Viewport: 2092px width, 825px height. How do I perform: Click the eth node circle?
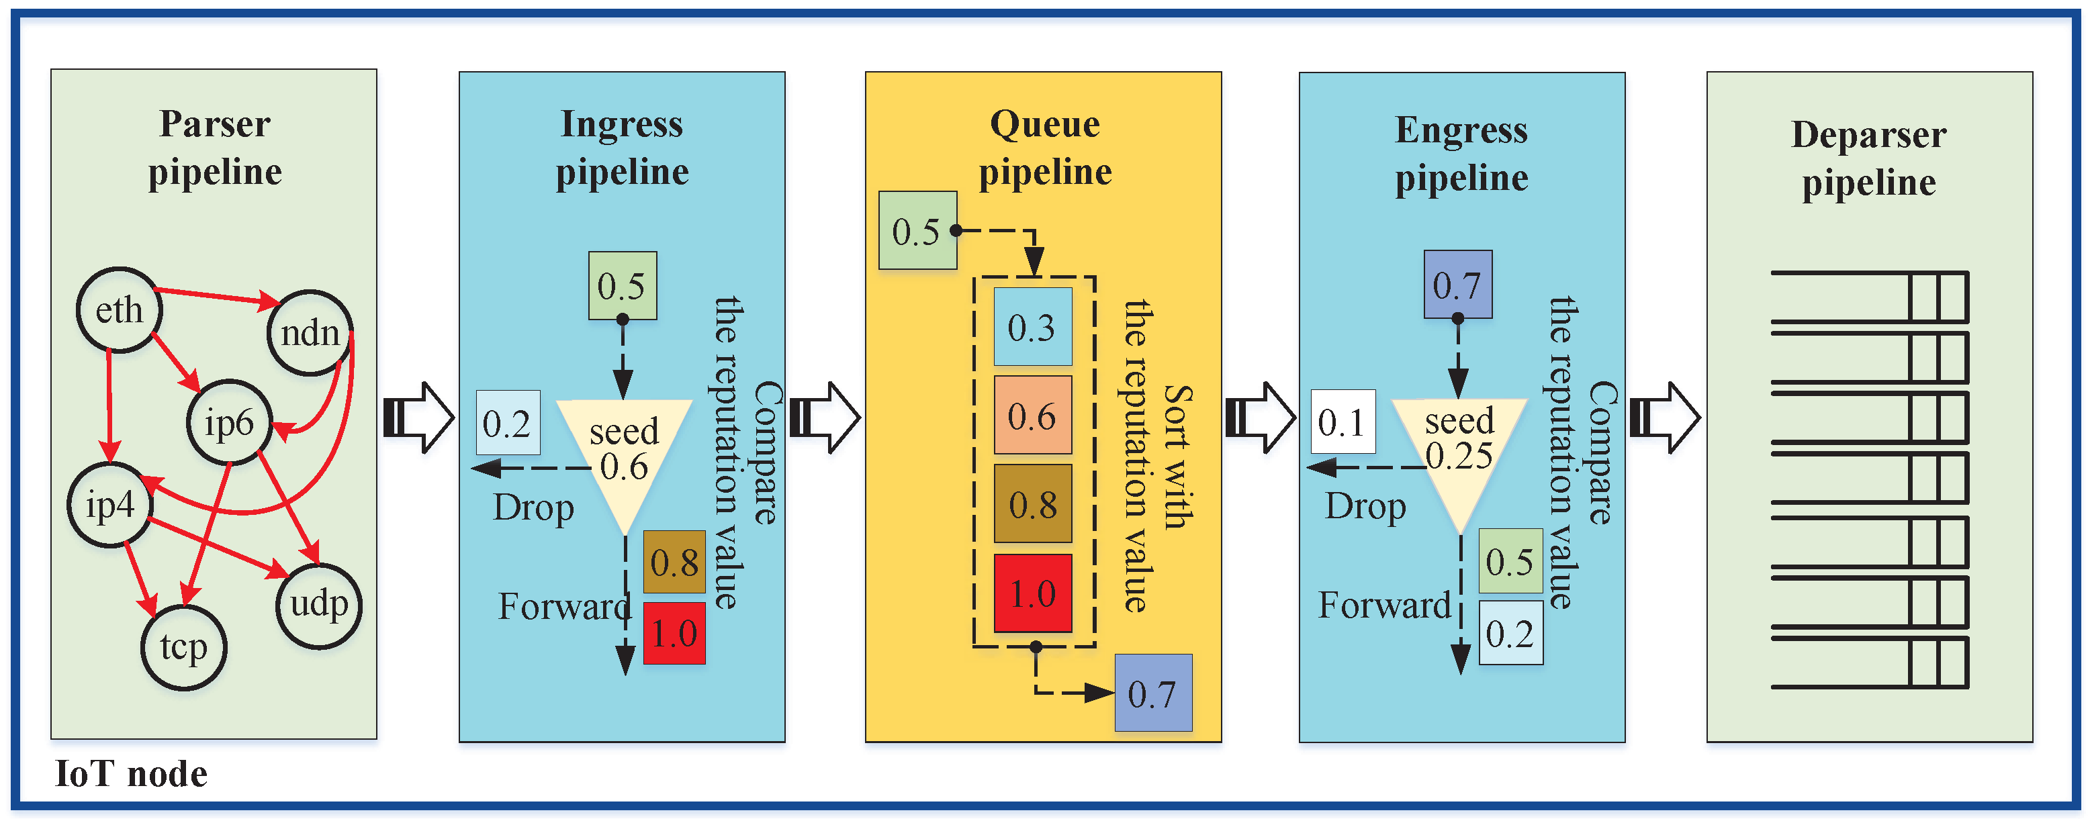(120, 309)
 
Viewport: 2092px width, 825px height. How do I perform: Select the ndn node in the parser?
(310, 333)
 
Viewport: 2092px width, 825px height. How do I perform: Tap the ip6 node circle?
(229, 422)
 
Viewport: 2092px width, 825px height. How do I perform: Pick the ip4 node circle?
(110, 505)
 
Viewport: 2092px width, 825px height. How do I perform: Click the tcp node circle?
(183, 647)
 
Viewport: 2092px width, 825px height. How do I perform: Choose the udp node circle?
(318, 605)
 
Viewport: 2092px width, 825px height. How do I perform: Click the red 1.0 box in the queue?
(1033, 593)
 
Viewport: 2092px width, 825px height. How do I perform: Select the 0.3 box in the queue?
(1033, 326)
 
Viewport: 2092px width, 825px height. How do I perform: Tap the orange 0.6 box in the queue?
(1033, 415)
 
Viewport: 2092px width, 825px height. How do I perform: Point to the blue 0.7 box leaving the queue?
(1153, 693)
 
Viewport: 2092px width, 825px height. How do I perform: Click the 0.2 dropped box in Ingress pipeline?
(508, 422)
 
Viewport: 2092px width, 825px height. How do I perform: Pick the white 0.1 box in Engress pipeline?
(1343, 422)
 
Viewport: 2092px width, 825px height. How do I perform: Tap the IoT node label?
(131, 774)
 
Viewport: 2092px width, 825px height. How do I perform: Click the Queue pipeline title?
(1045, 148)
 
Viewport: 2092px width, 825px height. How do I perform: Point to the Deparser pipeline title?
(1868, 158)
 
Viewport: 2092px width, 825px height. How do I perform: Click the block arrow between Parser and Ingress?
(418, 418)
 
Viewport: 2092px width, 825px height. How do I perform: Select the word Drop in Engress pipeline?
(1365, 507)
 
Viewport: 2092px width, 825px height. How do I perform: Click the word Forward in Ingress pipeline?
(564, 605)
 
